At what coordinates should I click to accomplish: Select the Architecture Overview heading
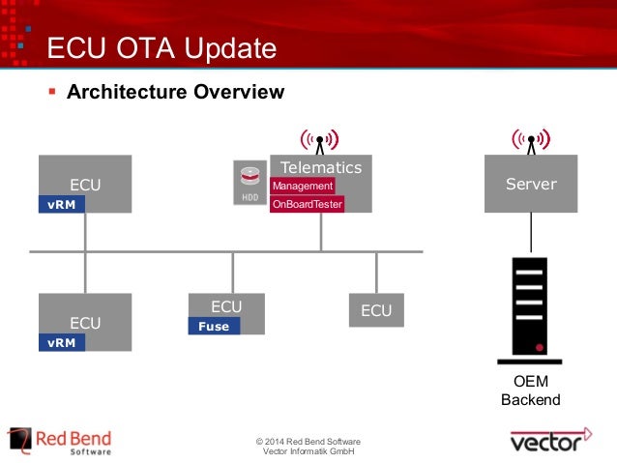click(x=175, y=93)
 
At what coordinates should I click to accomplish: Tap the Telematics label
click(x=320, y=167)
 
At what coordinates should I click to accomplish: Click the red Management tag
click(x=303, y=186)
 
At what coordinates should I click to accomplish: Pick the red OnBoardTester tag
click(x=308, y=204)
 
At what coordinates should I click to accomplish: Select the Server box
click(x=531, y=184)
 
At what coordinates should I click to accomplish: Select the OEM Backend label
click(x=531, y=391)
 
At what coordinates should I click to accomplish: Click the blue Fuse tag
click(x=214, y=327)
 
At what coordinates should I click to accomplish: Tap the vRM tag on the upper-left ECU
click(x=61, y=204)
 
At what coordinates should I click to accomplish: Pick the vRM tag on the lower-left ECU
click(x=61, y=342)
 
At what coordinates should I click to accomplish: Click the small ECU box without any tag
click(x=376, y=310)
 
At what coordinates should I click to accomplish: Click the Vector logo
click(x=550, y=442)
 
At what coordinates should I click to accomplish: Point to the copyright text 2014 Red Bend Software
click(x=308, y=443)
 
